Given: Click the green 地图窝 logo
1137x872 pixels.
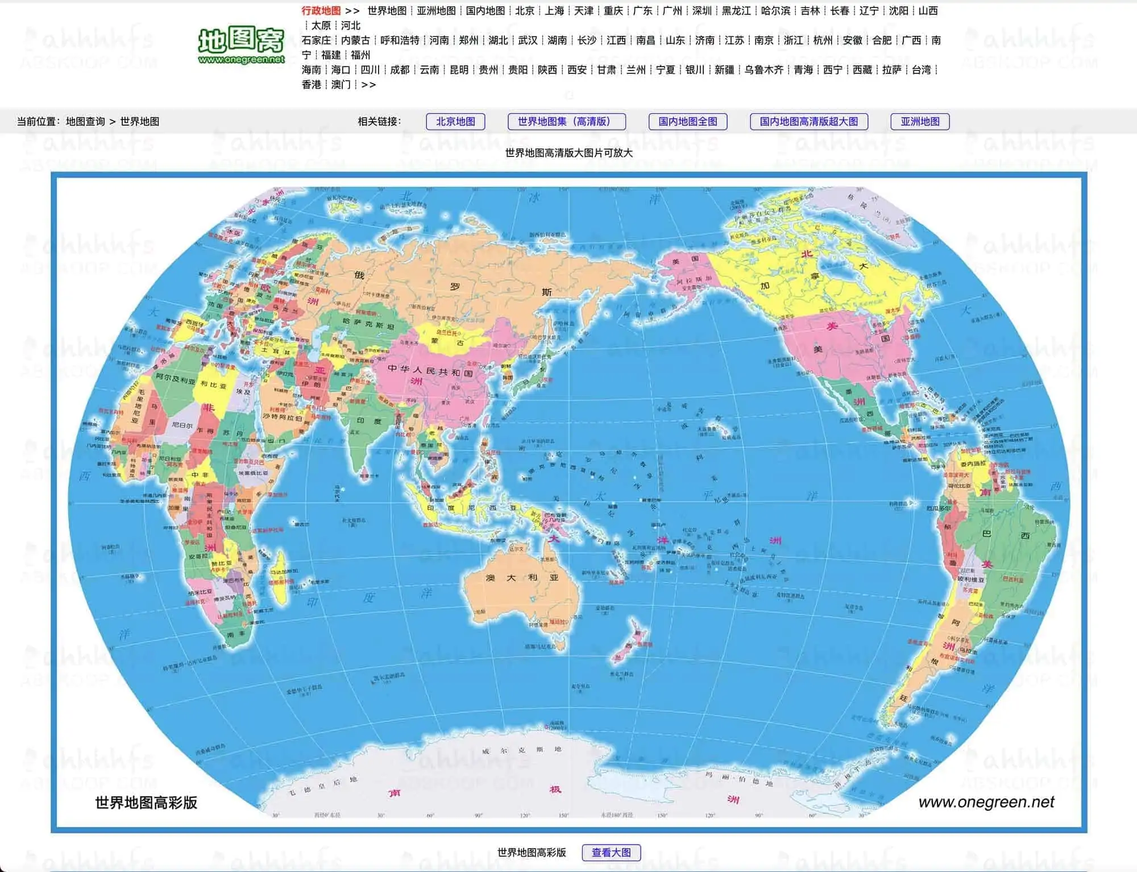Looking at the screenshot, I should [x=241, y=46].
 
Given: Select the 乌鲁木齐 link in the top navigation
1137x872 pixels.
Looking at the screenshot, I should [x=763, y=70].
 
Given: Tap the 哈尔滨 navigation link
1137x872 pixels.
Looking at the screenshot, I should [x=775, y=11].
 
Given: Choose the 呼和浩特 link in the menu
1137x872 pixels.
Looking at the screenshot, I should [x=400, y=40].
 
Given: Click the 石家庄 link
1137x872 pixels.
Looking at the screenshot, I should [x=316, y=40].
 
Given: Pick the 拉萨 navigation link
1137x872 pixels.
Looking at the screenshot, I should [x=891, y=70].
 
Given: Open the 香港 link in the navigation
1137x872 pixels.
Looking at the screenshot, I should [x=311, y=85].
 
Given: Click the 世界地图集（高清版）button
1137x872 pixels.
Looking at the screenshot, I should [x=566, y=122].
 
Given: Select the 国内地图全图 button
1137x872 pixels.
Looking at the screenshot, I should [x=688, y=122].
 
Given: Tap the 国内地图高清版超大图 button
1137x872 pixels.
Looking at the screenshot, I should [x=808, y=122].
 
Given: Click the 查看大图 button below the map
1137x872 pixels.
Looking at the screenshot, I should [x=611, y=853].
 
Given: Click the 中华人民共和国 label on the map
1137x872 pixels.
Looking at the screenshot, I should [x=430, y=370].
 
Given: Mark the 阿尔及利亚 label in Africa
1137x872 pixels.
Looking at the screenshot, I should [x=176, y=379].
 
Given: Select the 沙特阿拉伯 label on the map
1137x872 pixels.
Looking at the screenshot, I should [x=282, y=417].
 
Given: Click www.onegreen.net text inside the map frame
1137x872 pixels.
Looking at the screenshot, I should [x=986, y=802].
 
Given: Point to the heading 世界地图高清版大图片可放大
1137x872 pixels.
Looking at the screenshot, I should [x=568, y=153].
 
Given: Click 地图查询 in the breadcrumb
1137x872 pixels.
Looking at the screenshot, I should [x=85, y=122].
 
